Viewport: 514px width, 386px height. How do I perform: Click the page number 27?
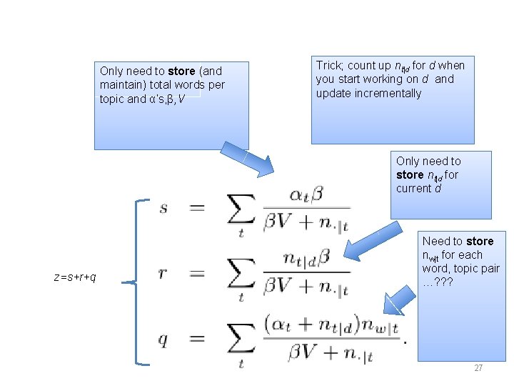point(478,367)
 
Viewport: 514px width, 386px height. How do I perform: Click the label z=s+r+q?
point(75,277)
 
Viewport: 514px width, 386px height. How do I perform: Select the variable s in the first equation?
point(163,208)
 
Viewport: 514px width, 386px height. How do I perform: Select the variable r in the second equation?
point(163,274)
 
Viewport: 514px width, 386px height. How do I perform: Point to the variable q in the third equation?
point(163,340)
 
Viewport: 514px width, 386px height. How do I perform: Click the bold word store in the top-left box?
point(182,71)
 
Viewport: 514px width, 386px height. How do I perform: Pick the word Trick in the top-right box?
point(328,65)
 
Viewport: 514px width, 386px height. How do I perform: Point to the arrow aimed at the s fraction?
point(247,158)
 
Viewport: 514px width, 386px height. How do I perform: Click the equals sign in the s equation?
point(198,208)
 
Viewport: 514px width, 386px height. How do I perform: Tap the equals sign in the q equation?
point(198,340)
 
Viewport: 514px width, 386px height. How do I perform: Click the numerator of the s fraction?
point(307,194)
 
